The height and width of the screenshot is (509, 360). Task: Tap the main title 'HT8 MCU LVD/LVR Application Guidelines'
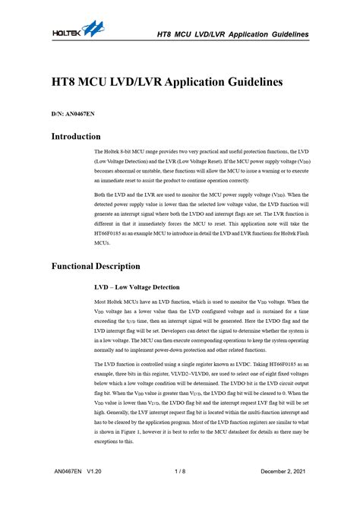167,81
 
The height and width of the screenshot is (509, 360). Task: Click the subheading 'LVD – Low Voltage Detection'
137,287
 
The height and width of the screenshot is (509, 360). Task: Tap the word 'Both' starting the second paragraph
101,195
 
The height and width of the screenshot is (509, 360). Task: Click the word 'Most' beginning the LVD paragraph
102,302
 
